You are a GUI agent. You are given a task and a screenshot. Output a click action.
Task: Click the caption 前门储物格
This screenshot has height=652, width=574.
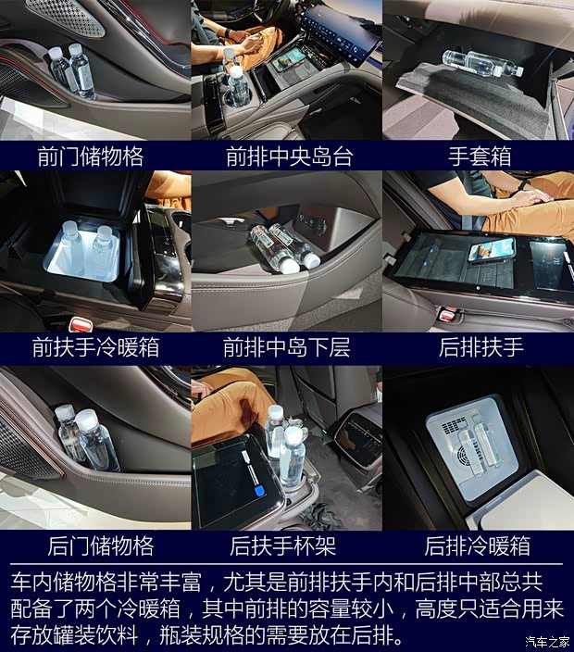click(95, 155)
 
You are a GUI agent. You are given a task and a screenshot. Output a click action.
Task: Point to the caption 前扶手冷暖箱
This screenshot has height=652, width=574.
click(95, 347)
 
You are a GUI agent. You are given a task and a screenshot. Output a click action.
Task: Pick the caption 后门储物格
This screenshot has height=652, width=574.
click(95, 545)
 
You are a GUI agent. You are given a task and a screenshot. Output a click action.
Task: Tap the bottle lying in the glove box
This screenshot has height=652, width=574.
click(481, 62)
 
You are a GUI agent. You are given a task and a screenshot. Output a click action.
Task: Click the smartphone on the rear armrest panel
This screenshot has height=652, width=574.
click(490, 250)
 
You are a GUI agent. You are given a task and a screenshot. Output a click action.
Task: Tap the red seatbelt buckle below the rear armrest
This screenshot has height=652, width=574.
click(447, 315)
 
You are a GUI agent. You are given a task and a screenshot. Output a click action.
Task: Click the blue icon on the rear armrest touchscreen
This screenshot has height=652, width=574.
click(261, 490)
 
